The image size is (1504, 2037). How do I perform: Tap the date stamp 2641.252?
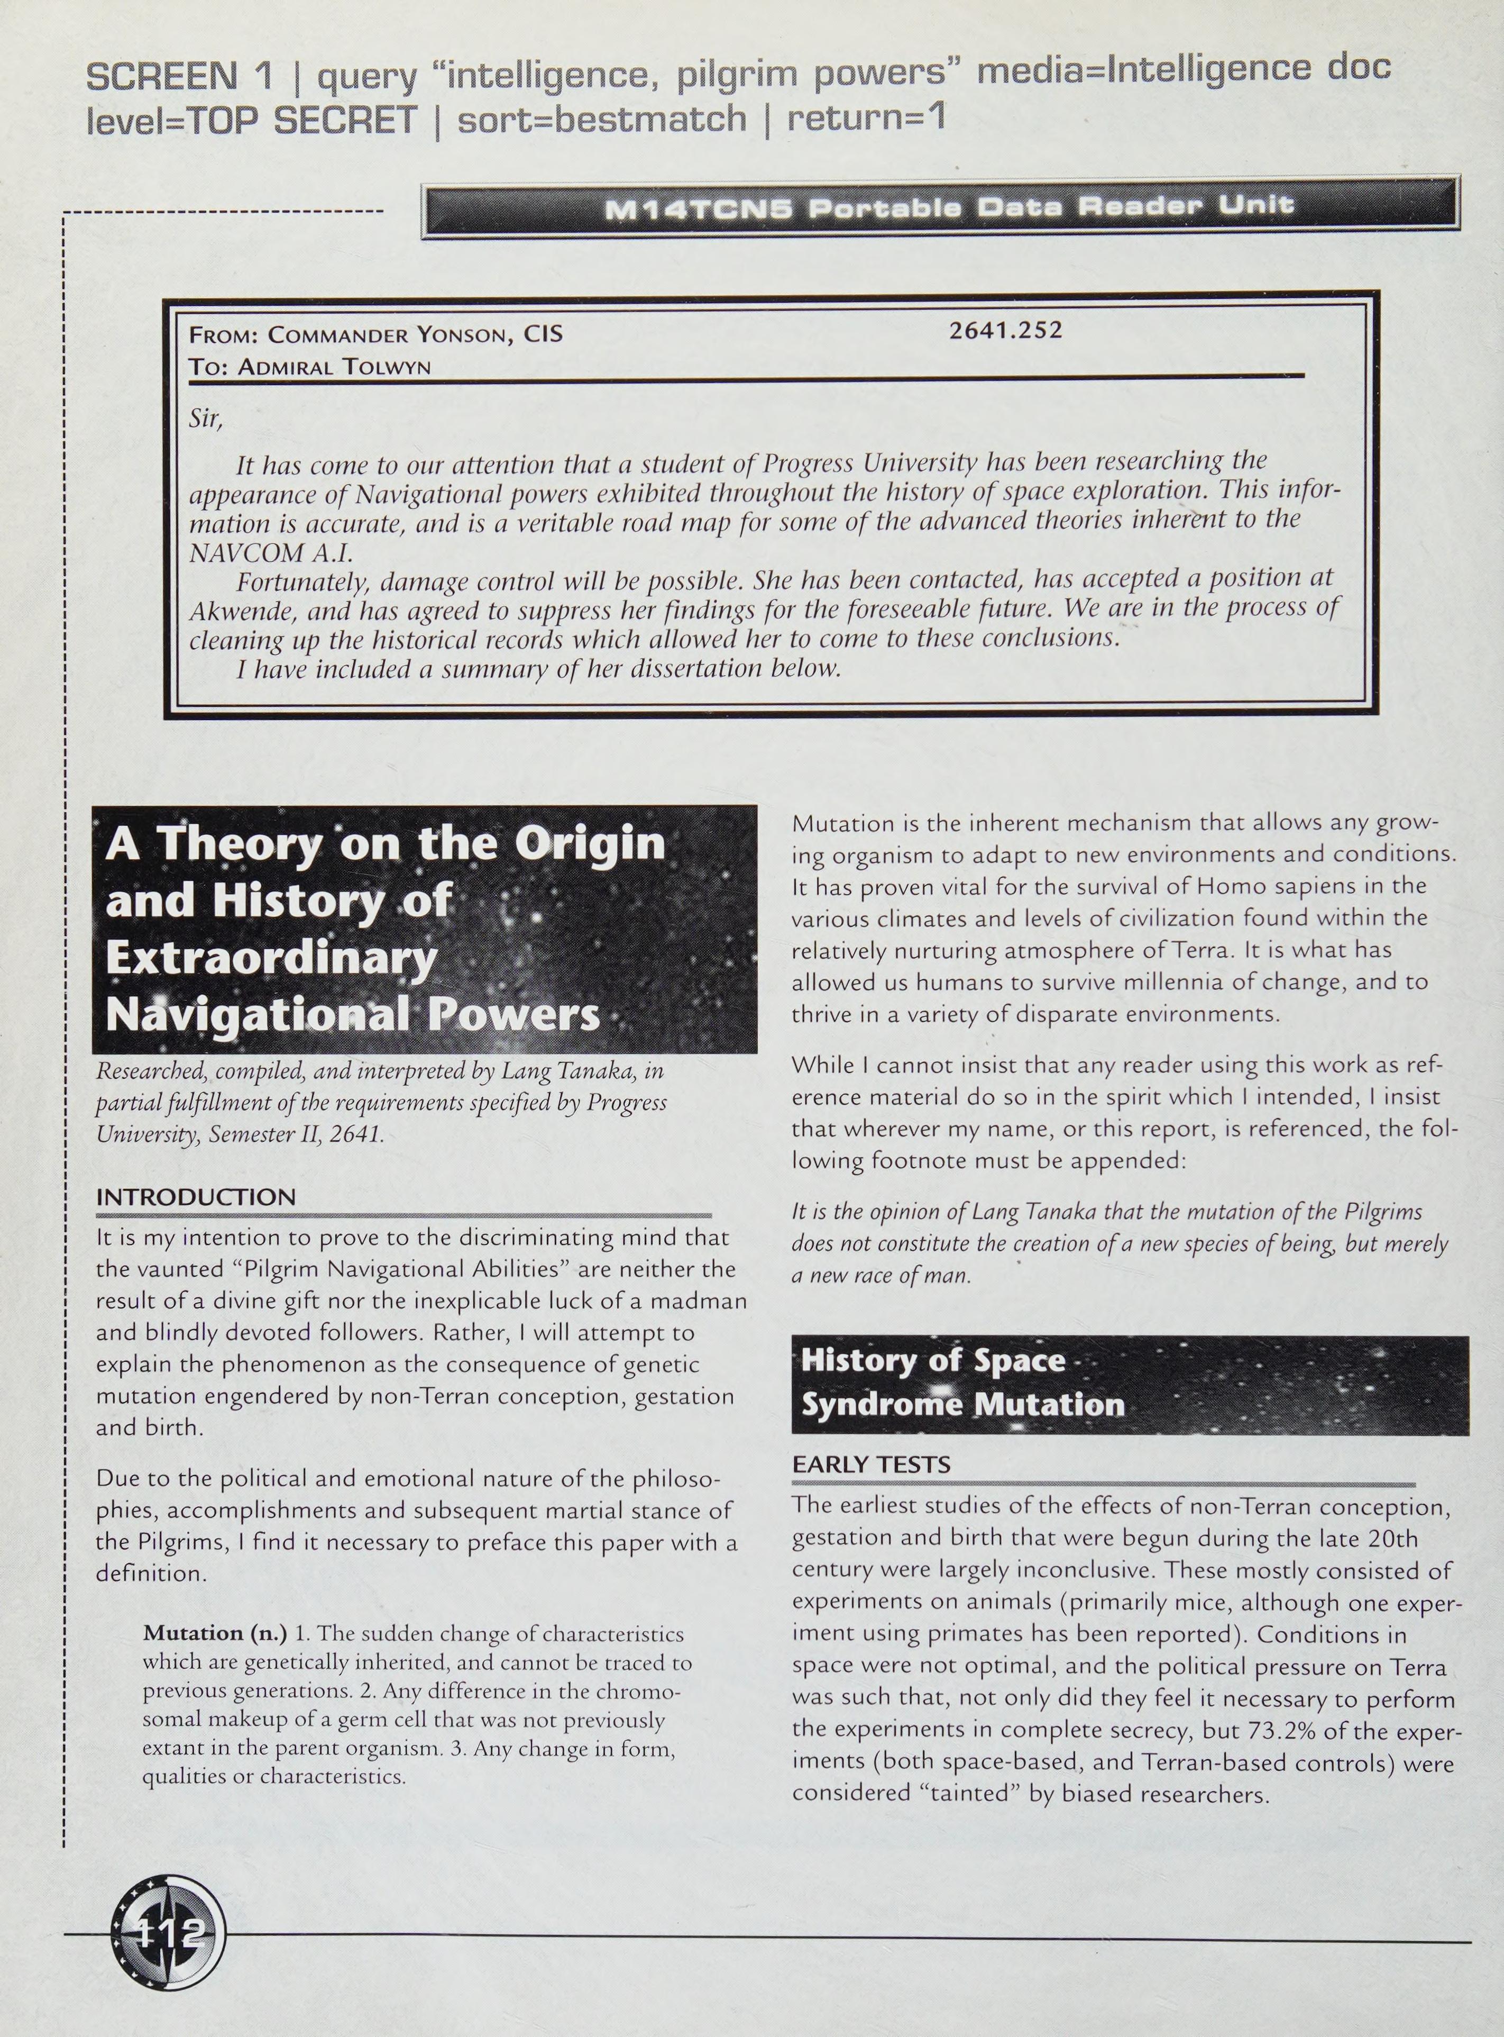(1005, 330)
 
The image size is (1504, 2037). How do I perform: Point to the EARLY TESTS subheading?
(872, 1464)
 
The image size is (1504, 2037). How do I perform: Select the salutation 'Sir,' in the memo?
(205, 419)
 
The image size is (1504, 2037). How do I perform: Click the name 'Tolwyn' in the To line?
(387, 367)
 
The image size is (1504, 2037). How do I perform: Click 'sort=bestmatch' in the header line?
(601, 119)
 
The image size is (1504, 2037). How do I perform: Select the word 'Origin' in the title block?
(589, 843)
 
